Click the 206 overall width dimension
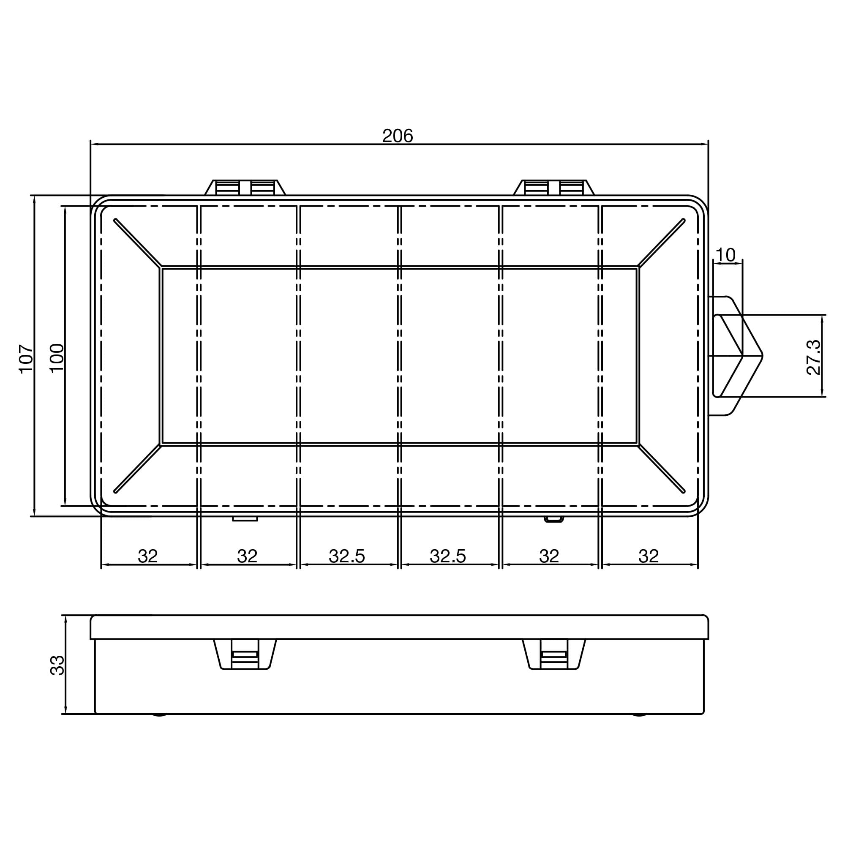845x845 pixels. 397,136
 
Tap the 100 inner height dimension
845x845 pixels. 57,358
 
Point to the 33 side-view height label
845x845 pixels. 57,665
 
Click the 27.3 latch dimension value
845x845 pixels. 813,357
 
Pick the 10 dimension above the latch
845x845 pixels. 726,255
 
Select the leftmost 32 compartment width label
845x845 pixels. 147,556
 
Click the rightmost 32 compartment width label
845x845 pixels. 648,556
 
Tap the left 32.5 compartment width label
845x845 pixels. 347,556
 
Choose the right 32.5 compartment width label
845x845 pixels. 447,556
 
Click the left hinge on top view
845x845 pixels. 245,188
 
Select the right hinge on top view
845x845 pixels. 554,188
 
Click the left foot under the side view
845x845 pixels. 160,716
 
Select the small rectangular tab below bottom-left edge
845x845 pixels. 245,519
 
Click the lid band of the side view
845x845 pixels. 399,627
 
